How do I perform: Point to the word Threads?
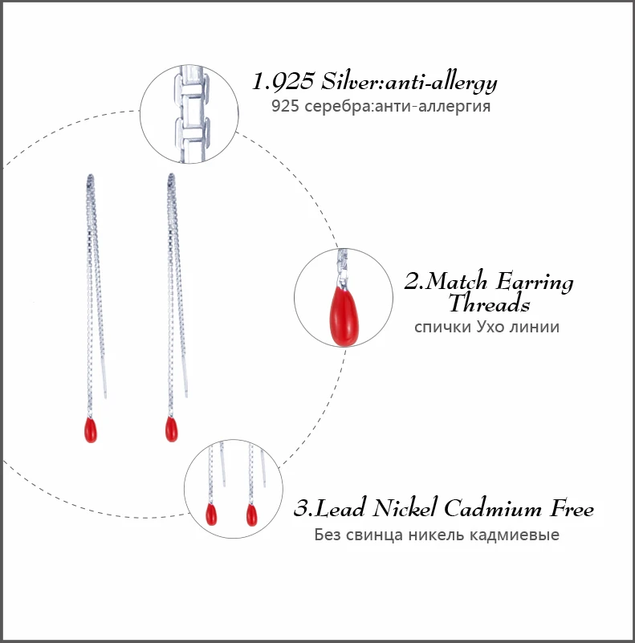pyautogui.click(x=489, y=304)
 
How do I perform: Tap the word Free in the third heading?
pyautogui.click(x=572, y=509)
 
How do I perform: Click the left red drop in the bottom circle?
pyautogui.click(x=212, y=513)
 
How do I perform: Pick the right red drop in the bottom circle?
pyautogui.click(x=251, y=514)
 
